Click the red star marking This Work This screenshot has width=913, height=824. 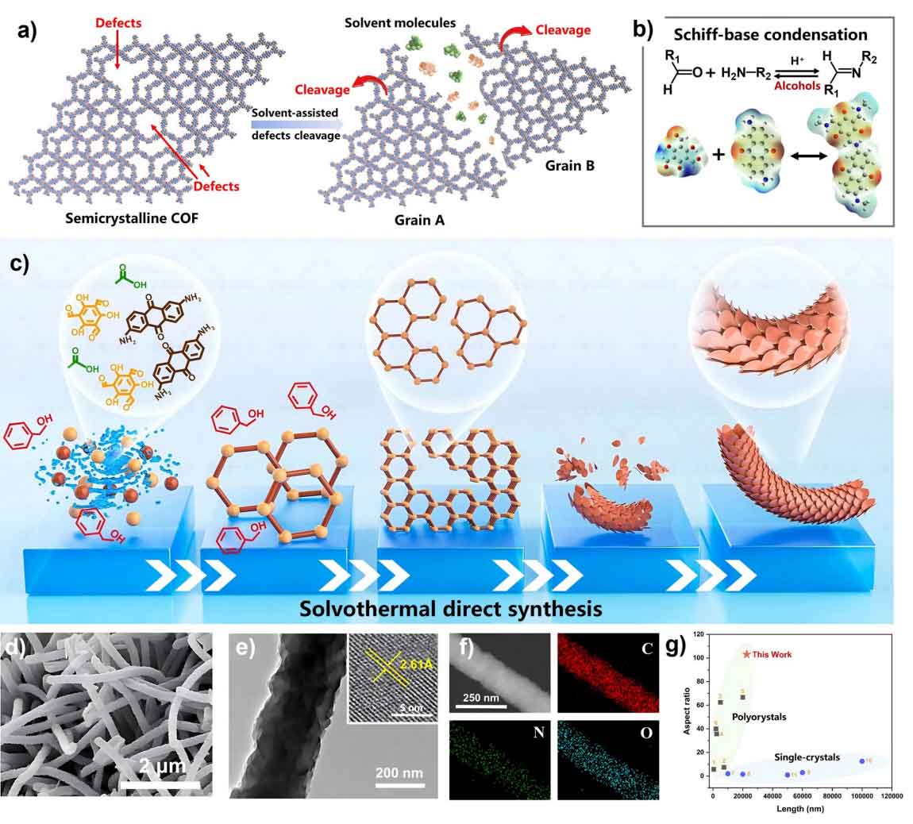[x=746, y=654]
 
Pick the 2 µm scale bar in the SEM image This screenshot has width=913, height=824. [x=160, y=785]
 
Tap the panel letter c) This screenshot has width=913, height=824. [x=17, y=263]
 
